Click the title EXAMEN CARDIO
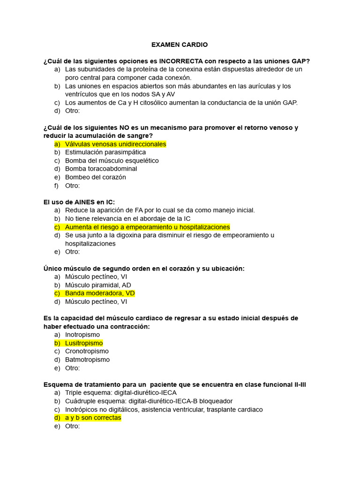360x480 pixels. (180, 45)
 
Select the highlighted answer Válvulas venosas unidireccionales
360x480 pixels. (115, 144)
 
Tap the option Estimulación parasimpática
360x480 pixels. (105, 152)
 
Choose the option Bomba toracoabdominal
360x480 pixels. (101, 169)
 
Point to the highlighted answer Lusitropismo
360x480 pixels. (84, 343)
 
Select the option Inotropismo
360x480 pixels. (82, 335)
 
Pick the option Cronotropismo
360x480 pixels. (87, 351)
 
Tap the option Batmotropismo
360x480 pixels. (88, 360)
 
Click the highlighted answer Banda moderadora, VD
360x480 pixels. (100, 293)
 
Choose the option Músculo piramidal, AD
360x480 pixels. (98, 285)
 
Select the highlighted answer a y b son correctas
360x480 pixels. (93, 418)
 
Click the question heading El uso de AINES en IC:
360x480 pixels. (79, 202)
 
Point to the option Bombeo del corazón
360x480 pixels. (96, 177)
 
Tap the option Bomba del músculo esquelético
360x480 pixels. (112, 161)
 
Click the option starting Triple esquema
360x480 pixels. (121, 392)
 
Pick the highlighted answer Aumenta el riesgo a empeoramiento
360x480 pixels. (148, 227)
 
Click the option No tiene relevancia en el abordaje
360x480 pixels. (128, 218)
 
